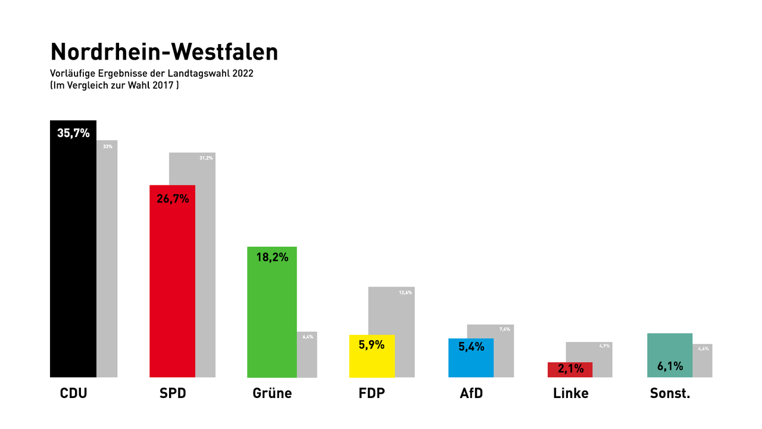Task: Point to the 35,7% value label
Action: (73, 133)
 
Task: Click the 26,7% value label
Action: (173, 198)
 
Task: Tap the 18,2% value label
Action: (272, 257)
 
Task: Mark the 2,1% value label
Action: (570, 368)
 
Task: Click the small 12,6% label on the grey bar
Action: (405, 293)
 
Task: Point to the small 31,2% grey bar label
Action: (206, 158)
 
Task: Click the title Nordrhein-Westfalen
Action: (164, 52)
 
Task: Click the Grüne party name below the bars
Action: (272, 393)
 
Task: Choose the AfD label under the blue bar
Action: (471, 393)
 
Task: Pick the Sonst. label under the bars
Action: (670, 393)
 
